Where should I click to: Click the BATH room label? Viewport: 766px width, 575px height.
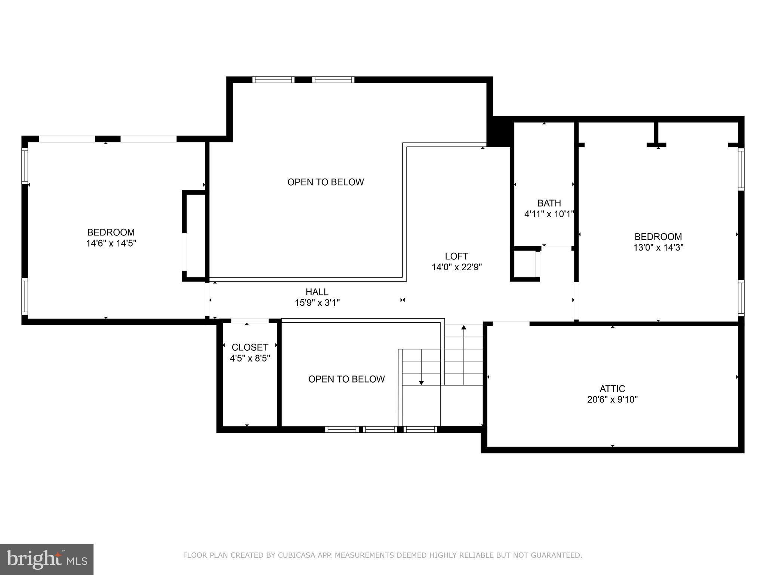(549, 203)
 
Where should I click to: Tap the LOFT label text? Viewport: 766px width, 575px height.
(456, 256)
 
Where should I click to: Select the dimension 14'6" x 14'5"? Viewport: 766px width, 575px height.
(111, 243)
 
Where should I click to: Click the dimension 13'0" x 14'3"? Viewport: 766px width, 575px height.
(658, 247)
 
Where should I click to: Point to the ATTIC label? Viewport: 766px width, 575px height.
(612, 389)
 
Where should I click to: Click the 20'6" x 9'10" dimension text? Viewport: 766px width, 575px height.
(612, 399)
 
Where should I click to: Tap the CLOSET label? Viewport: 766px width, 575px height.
(250, 347)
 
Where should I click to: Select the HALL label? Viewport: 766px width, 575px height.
(317, 292)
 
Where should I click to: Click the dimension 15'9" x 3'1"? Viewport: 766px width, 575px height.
(317, 302)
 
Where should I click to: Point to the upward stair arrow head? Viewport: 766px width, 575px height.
(464, 327)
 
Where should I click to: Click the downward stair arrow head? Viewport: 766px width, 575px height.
(422, 383)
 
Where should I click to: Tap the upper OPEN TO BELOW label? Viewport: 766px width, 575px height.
(325, 182)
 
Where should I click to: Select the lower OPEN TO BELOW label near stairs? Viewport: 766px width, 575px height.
(346, 379)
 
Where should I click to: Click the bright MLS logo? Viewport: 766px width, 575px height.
(46, 559)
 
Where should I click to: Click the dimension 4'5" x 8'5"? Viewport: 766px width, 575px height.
(250, 358)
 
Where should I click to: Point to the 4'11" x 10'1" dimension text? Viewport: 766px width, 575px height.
(549, 214)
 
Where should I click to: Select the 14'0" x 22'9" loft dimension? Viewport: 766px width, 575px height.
(456, 267)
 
